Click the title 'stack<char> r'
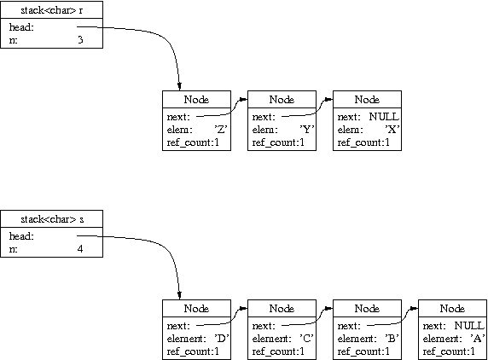pyautogui.click(x=52, y=10)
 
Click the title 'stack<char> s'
pyautogui.click(x=52, y=219)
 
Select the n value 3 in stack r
pyautogui.click(x=80, y=39)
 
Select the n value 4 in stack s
pyautogui.click(x=80, y=248)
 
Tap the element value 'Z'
pyautogui.click(x=221, y=129)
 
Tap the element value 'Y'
pyautogui.click(x=306, y=129)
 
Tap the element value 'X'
pyautogui.click(x=392, y=129)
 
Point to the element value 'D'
pyautogui.click(x=221, y=338)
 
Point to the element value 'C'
pyautogui.click(x=306, y=338)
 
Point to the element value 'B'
pyautogui.click(x=392, y=338)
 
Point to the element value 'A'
pyautogui.click(x=477, y=338)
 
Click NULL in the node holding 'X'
pyautogui.click(x=384, y=117)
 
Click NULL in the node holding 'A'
pyautogui.click(x=469, y=326)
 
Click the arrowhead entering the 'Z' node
pyautogui.click(x=179, y=86)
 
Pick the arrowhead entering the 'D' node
pyautogui.click(x=179, y=295)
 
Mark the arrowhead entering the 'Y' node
pyautogui.click(x=243, y=100)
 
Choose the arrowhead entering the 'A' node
pyautogui.click(x=414, y=309)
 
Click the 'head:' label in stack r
pyautogui.click(x=21, y=27)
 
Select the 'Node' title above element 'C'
pyautogui.click(x=282, y=308)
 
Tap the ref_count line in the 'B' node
pyautogui.click(x=363, y=351)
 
